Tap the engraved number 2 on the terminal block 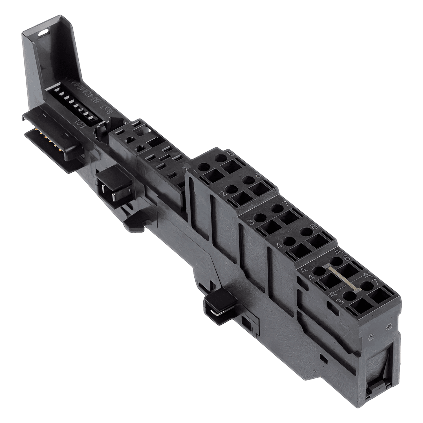click(222, 194)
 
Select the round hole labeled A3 click(349, 296)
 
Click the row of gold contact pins click(42, 136)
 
